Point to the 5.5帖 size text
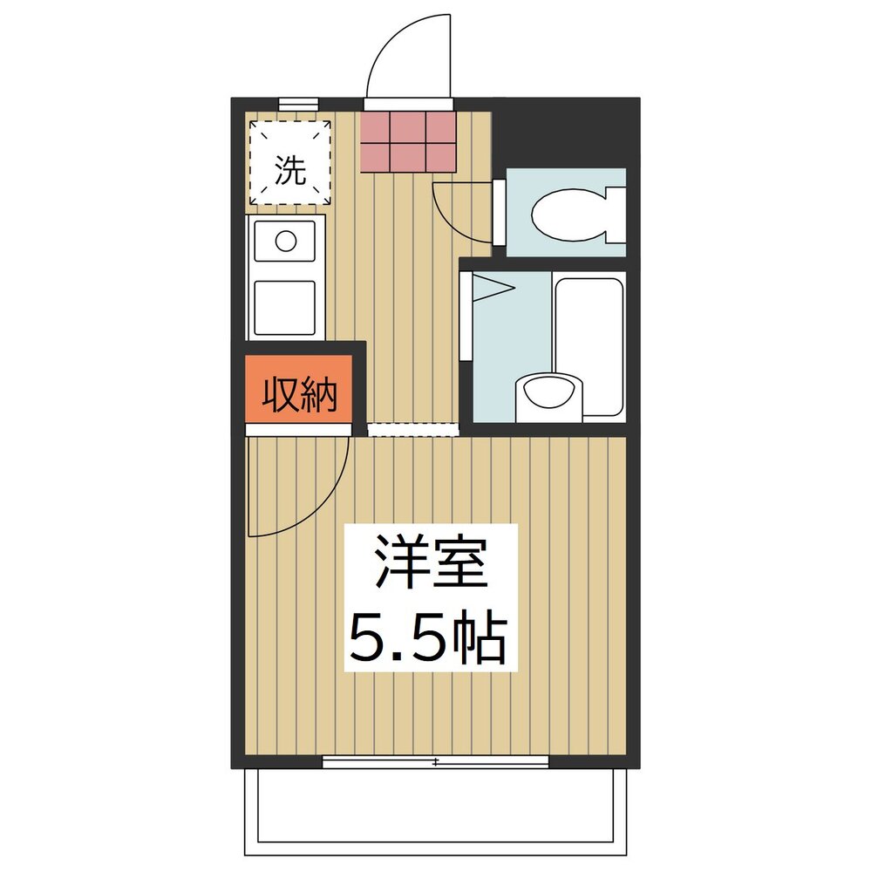[x=427, y=638]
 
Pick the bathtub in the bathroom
[x=588, y=344]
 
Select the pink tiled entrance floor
[x=408, y=140]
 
